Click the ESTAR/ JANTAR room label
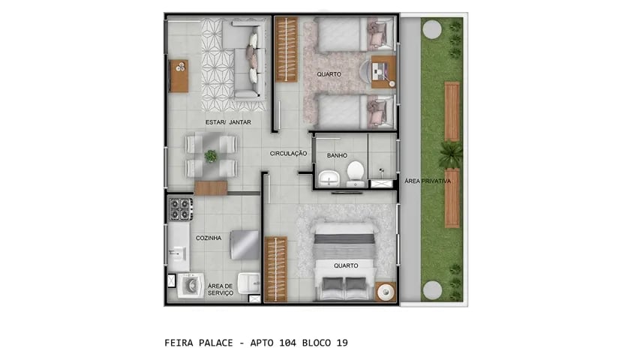pos(228,122)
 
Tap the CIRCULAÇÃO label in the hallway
pos(289,153)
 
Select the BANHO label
pos(336,156)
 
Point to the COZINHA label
pos(209,238)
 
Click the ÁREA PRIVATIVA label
pos(427,181)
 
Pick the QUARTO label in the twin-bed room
pos(329,74)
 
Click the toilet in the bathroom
pos(355,175)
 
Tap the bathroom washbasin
pos(329,178)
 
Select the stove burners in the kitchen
pos(180,208)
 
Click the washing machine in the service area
pos(189,286)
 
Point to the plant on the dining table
pos(211,156)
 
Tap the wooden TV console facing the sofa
pos(179,76)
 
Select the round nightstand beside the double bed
pos(386,291)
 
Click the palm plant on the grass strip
pos(450,155)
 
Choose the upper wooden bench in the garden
pos(452,110)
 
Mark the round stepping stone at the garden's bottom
pos(431,290)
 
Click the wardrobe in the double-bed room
pos(275,268)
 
